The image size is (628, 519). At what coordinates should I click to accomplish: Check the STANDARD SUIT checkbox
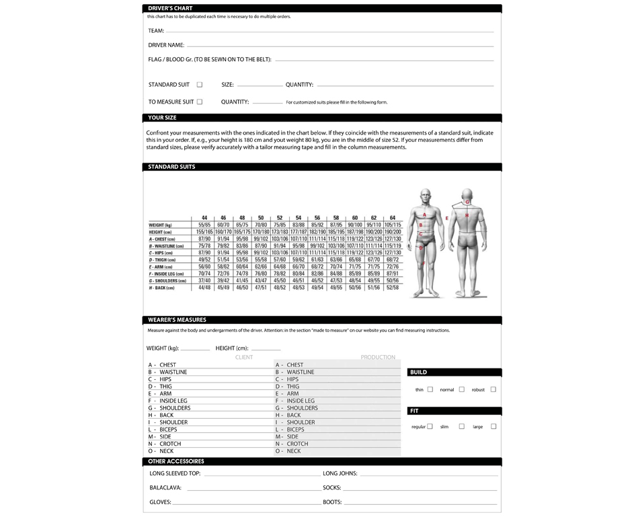coord(200,85)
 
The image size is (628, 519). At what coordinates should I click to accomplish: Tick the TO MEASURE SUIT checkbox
coord(200,102)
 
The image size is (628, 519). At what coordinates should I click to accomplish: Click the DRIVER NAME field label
coord(166,45)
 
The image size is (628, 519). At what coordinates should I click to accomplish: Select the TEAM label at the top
coord(155,31)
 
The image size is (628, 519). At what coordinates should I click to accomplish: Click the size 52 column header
coord(279,218)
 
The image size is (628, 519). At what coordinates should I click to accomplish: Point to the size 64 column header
coord(392,218)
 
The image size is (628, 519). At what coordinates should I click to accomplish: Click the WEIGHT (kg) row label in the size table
coord(161,225)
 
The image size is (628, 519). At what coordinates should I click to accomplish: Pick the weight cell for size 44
coord(204,225)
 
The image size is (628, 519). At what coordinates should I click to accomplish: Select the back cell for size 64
coord(392,288)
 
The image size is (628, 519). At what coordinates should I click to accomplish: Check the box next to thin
coord(430,389)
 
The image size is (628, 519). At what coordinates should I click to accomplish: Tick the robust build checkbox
coord(493,389)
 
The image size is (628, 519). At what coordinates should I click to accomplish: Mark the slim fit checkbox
coord(462,426)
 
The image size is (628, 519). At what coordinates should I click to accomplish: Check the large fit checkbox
coord(494,426)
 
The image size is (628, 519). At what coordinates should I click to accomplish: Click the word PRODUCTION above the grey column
coord(378,357)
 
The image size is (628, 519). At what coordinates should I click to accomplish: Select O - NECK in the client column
coord(162,451)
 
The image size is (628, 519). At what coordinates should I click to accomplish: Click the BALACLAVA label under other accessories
coord(165,487)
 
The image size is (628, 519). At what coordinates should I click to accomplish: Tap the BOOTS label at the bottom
coord(332,502)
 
